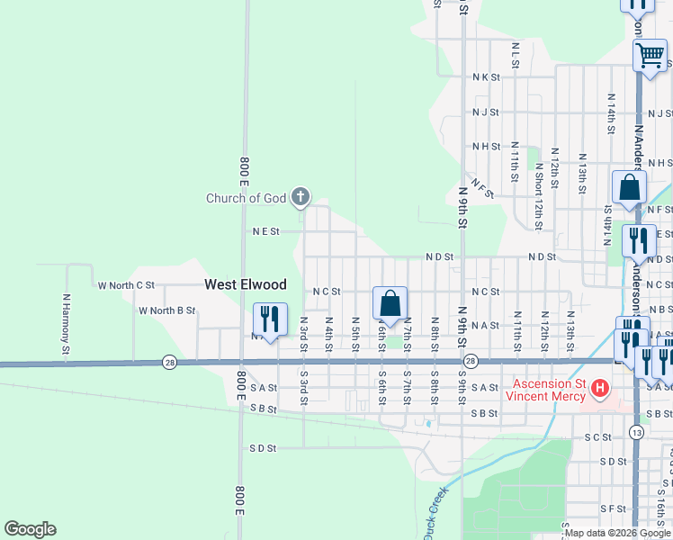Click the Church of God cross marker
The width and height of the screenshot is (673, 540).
(301, 197)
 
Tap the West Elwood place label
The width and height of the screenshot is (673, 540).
(246, 284)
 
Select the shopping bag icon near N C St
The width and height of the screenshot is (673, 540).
(390, 303)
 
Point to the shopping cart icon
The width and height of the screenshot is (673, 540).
(650, 56)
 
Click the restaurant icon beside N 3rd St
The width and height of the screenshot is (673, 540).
(269, 319)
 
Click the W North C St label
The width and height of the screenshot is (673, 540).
(126, 285)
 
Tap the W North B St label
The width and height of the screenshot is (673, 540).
(166, 310)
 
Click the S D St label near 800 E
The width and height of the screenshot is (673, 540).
(262, 447)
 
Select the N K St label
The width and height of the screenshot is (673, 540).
(486, 77)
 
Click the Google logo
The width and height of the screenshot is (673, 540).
(30, 529)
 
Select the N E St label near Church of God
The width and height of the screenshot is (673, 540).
(265, 231)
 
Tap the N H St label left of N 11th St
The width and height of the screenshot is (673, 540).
(486, 146)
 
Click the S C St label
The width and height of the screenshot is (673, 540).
(597, 437)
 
